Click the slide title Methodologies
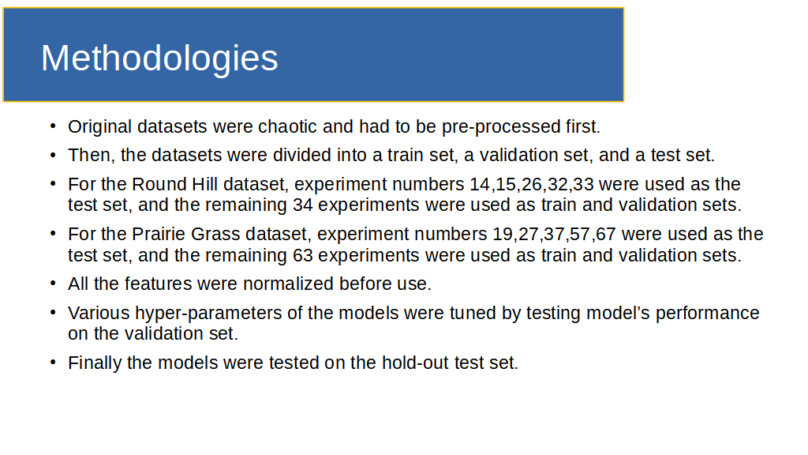159,58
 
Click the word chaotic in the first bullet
287,126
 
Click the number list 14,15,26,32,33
531,185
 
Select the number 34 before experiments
302,205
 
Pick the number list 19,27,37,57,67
554,234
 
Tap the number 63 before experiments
302,255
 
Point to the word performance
707,313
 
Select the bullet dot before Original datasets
53,126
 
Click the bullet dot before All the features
53,284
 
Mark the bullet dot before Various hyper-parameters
53,312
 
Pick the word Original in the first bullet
100,127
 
